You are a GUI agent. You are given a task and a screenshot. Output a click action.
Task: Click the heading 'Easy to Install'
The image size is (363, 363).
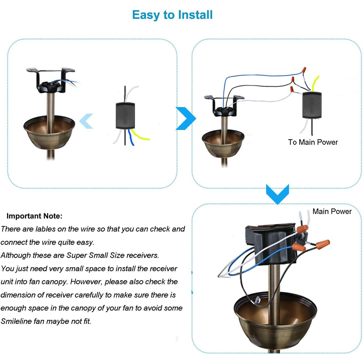172,15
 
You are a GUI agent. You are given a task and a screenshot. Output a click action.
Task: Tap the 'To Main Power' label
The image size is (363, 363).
313,142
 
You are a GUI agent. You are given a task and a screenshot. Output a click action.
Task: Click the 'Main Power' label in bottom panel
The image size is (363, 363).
332,211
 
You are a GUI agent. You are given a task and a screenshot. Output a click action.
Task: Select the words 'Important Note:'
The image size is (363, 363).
34,216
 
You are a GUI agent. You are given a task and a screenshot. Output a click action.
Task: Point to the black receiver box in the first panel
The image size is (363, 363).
125,116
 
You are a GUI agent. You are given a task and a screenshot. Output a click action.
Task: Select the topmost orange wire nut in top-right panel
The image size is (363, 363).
304,69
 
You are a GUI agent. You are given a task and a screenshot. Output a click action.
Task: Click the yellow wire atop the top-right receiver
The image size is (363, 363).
315,83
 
